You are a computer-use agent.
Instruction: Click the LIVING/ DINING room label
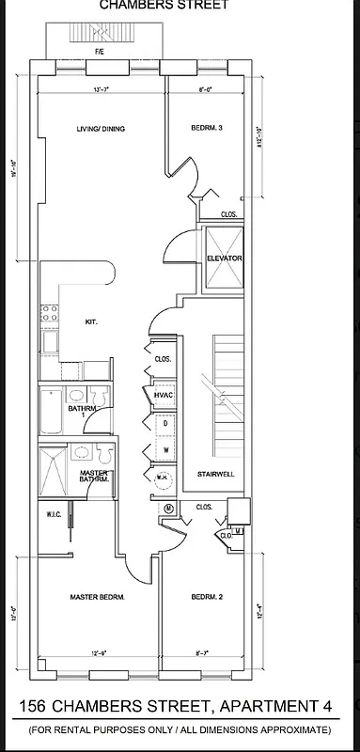tap(101, 129)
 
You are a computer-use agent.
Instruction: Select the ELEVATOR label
tap(225, 258)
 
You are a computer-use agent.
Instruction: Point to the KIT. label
tap(91, 322)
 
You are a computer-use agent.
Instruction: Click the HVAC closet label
tap(161, 397)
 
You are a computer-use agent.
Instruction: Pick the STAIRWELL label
tap(214, 475)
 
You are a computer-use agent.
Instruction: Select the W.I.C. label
tap(53, 514)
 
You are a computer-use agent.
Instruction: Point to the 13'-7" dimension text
tap(101, 90)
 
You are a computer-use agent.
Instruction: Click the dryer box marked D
tap(165, 424)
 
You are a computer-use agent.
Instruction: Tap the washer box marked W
tap(165, 450)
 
